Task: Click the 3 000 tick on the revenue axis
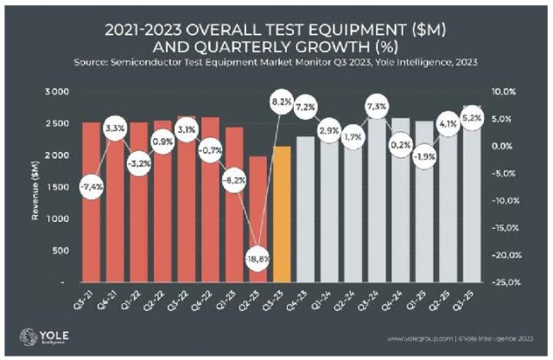pyautogui.click(x=57, y=92)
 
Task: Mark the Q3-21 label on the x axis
pyautogui.click(x=90, y=300)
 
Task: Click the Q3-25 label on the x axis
pyautogui.click(x=470, y=300)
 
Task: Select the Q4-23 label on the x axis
pyautogui.click(x=304, y=300)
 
